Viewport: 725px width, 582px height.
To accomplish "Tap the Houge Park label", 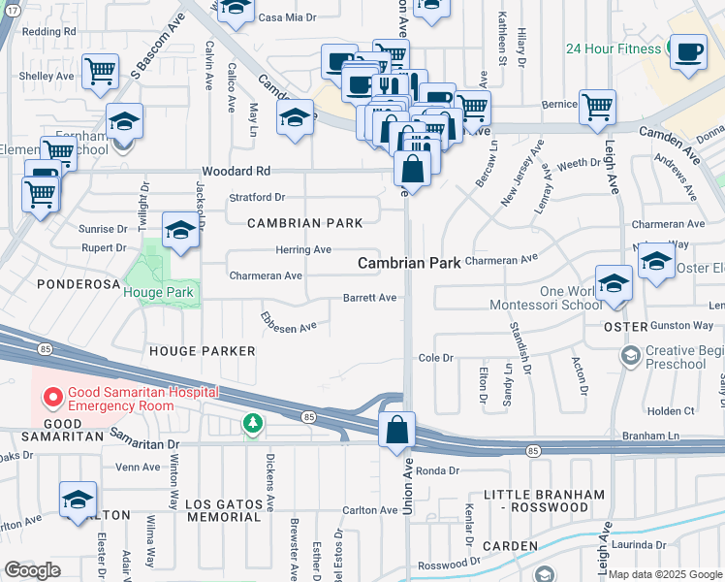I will coord(158,292).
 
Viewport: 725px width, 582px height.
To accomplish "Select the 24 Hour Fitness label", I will coord(614,48).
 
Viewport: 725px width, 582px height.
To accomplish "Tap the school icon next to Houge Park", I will coord(180,231).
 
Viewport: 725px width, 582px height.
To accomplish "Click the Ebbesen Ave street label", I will coord(288,321).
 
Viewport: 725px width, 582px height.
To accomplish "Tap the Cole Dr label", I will coord(435,358).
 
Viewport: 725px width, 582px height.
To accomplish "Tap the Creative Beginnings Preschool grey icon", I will coord(631,357).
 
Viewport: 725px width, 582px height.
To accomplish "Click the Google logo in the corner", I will coord(32,570).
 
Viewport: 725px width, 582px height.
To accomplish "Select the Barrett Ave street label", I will coord(369,298).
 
